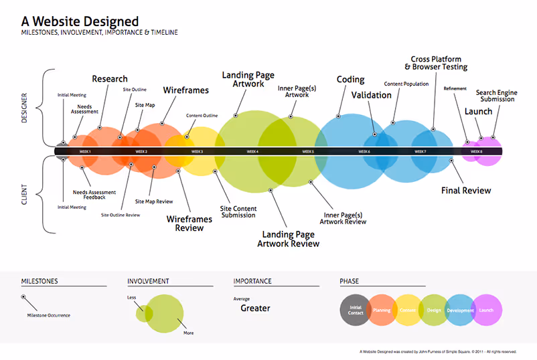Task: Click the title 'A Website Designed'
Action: pyautogui.click(x=80, y=21)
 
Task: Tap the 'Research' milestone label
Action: pyautogui.click(x=110, y=79)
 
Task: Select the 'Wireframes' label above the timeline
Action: pyautogui.click(x=185, y=90)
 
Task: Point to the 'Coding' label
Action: pyautogui.click(x=350, y=80)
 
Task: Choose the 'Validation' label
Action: pyautogui.click(x=371, y=95)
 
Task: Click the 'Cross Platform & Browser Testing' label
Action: pyautogui.click(x=436, y=64)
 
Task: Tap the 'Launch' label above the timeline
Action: pyautogui.click(x=478, y=112)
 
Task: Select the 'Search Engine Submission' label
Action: pyautogui.click(x=495, y=96)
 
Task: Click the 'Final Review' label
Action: pyautogui.click(x=466, y=191)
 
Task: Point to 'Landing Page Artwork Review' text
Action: pyautogui.click(x=289, y=239)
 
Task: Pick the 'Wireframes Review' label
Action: pyautogui.click(x=189, y=223)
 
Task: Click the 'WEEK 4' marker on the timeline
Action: pyautogui.click(x=252, y=152)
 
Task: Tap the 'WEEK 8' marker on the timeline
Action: pyautogui.click(x=476, y=152)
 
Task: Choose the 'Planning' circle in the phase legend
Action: pyautogui.click(x=382, y=310)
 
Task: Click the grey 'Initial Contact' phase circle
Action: pyautogui.click(x=356, y=310)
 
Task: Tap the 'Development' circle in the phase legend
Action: pyautogui.click(x=461, y=310)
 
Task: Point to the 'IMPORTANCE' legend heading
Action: pyautogui.click(x=252, y=282)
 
